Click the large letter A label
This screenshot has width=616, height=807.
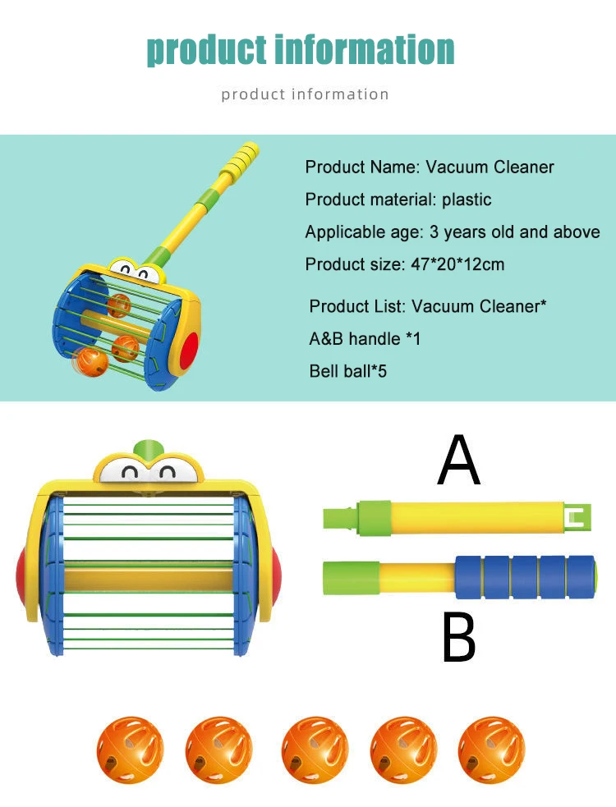click(458, 462)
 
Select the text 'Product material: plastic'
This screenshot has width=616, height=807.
click(398, 199)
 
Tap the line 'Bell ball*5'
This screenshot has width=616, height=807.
click(347, 371)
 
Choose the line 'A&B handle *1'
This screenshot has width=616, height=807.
click(365, 338)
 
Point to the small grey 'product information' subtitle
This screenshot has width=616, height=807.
click(305, 94)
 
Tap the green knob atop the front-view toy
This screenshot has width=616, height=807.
click(149, 449)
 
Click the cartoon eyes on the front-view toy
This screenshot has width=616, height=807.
click(149, 472)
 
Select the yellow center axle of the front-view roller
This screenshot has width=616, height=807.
click(149, 576)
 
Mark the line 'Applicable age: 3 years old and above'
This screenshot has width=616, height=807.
click(453, 232)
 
